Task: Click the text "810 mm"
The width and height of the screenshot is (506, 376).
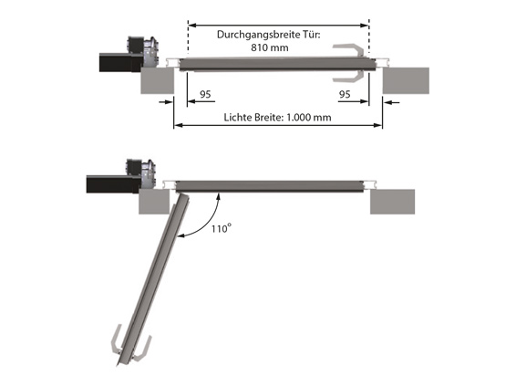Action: [270, 47]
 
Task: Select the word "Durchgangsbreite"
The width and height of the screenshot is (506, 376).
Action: [259, 35]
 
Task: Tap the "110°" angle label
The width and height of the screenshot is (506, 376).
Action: [221, 228]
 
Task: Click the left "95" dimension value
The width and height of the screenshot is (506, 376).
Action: [205, 94]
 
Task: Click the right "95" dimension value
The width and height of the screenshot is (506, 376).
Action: [345, 94]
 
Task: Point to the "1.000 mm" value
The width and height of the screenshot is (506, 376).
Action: [308, 117]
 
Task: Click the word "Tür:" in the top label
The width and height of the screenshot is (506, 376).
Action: [312, 35]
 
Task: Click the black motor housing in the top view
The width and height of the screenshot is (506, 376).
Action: [121, 62]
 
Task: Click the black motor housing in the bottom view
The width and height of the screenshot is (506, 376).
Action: [113, 184]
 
